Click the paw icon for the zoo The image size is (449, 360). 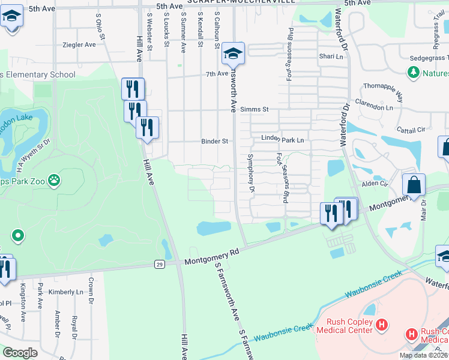click(x=54, y=179)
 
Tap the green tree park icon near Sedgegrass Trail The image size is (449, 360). click(x=413, y=73)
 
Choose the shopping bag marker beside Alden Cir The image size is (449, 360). click(x=414, y=187)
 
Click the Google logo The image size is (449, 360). click(x=20, y=353)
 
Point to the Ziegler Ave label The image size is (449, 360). click(x=79, y=45)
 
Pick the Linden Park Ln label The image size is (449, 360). click(x=283, y=139)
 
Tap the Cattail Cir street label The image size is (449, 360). click(x=411, y=129)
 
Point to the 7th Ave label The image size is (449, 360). click(x=214, y=74)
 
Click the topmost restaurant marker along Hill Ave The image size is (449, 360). click(x=133, y=89)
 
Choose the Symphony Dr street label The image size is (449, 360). click(x=252, y=173)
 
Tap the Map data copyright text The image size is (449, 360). click(x=423, y=355)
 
